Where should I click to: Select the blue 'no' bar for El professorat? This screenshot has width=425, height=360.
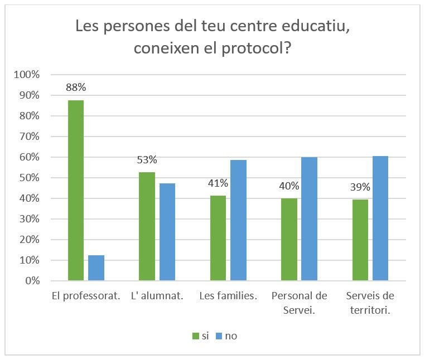[x=96, y=268]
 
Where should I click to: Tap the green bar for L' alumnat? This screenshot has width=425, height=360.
[x=147, y=226]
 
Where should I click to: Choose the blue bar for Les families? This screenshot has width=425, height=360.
[x=238, y=220]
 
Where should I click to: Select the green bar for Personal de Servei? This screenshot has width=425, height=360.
[x=289, y=240]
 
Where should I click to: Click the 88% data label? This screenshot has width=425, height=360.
[x=76, y=87]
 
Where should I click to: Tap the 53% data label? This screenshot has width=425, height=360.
[x=147, y=160]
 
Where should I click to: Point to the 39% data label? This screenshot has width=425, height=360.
[x=360, y=188]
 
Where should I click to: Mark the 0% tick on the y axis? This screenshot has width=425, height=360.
[x=33, y=281]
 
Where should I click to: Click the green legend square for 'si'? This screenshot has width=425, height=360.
[x=195, y=335]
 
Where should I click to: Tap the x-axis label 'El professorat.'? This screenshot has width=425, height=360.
[x=86, y=296]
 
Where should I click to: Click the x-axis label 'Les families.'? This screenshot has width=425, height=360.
[x=228, y=296]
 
